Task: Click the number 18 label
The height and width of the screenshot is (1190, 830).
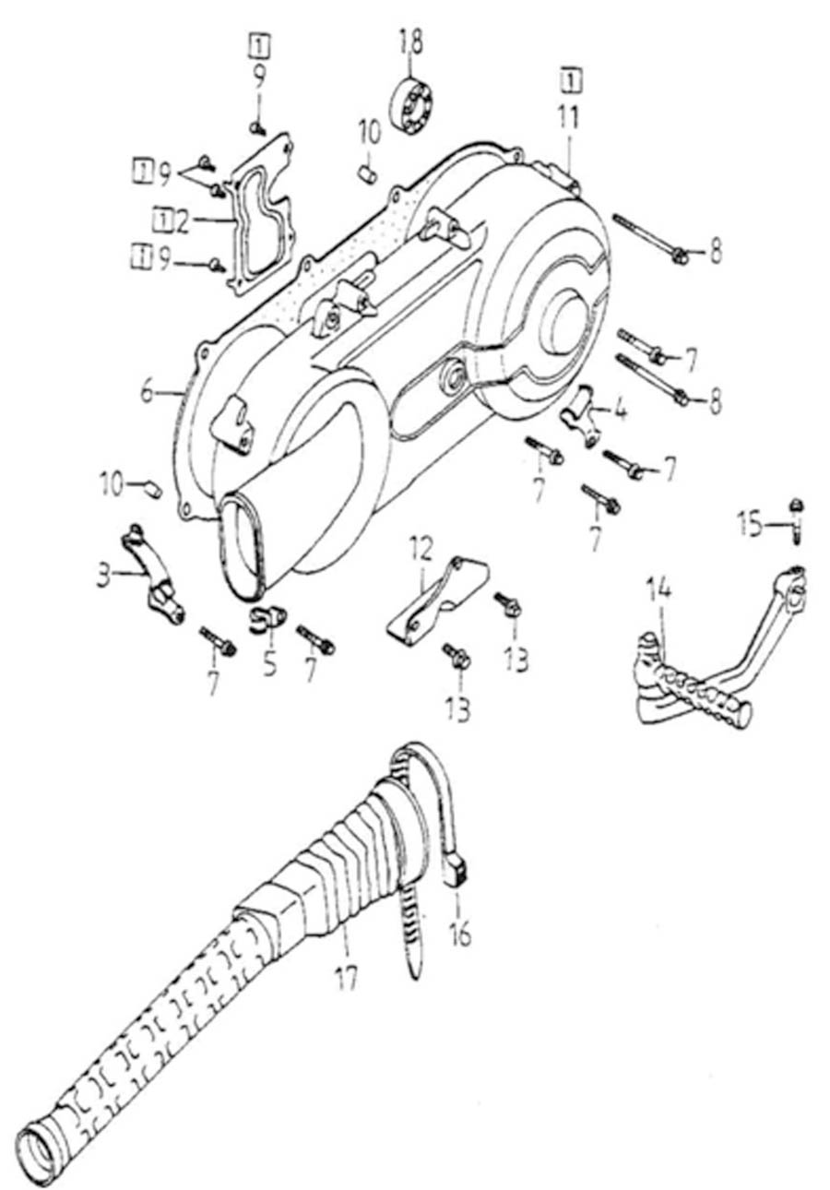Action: (410, 42)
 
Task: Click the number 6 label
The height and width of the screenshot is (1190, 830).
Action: (148, 390)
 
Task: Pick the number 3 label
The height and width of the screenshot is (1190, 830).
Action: (104, 577)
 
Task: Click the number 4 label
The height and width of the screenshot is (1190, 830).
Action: (621, 409)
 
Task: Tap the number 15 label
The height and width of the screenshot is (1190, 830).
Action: (752, 524)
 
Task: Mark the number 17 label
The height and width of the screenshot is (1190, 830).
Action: (347, 976)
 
